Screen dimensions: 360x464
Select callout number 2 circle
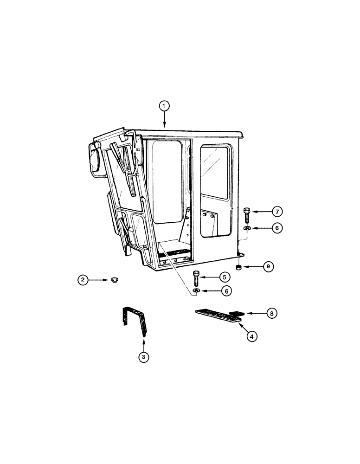point(83,280)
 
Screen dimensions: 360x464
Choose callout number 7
point(277,212)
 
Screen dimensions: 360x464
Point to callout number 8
point(273,314)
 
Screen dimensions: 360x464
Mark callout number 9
point(268,267)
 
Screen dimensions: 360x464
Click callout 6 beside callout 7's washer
point(277,229)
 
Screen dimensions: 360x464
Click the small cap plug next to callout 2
point(113,280)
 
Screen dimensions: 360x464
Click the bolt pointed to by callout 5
point(196,279)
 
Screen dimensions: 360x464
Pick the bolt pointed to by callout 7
point(246,215)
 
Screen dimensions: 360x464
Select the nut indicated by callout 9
point(238,268)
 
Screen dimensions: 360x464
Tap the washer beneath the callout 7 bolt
point(246,228)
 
